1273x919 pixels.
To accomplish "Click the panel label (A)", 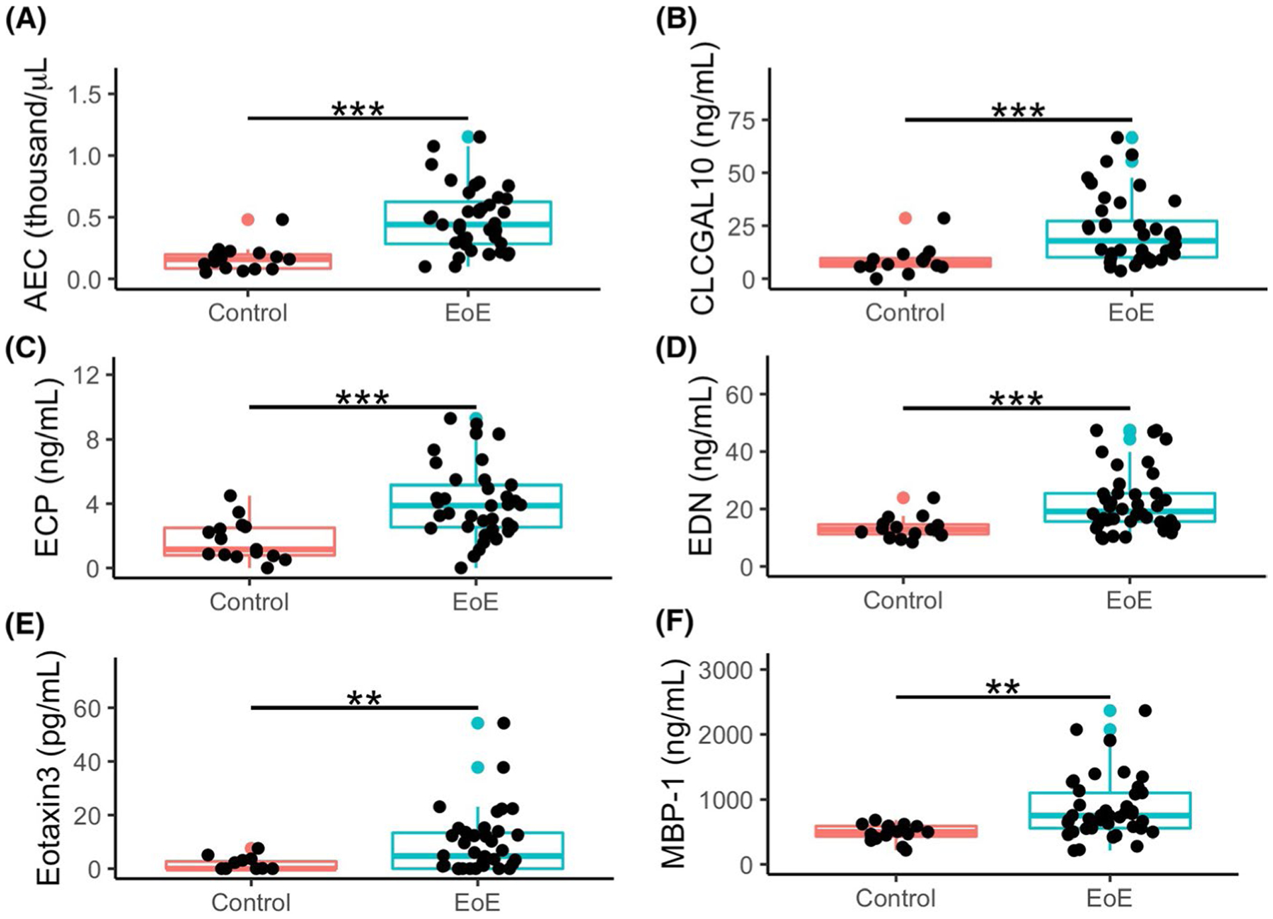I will [x=25, y=21].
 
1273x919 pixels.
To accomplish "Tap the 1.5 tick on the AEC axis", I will [x=86, y=94].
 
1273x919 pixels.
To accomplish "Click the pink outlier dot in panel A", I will [x=247, y=219].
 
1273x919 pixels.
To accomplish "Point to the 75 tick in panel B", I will [x=742, y=120].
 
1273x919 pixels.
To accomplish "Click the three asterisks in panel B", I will [x=1018, y=110].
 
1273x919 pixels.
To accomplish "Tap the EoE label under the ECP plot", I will [x=475, y=601].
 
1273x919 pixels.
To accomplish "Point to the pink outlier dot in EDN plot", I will [x=903, y=497].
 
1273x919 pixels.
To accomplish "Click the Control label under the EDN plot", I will [x=902, y=600].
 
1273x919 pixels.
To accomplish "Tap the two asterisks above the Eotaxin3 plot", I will [x=364, y=698].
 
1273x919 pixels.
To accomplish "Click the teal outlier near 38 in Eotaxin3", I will [x=477, y=767].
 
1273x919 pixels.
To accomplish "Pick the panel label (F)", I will [x=674, y=623].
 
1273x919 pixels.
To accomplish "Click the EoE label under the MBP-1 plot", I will [x=1109, y=898].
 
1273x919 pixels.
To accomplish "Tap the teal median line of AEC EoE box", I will [x=468, y=224].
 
